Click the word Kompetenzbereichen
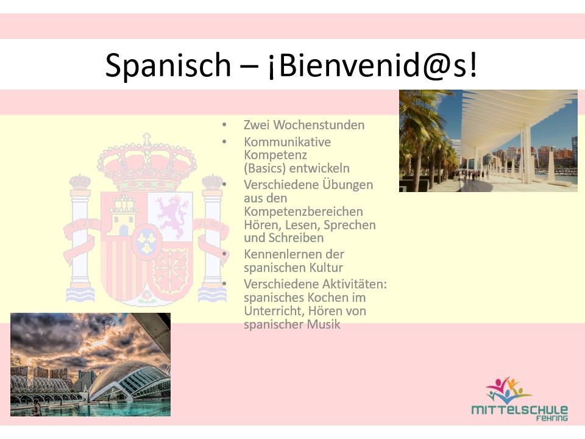[303, 212]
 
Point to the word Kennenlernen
[294, 254]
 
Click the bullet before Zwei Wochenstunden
[224, 125]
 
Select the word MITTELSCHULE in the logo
[519, 410]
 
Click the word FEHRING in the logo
[552, 419]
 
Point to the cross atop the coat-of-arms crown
[146, 140]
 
